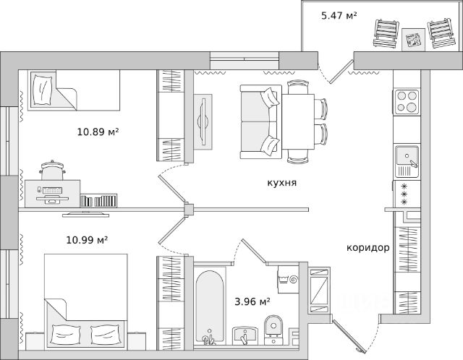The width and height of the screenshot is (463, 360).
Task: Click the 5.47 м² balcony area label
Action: [339, 15]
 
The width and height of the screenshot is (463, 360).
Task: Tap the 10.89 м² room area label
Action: [98, 132]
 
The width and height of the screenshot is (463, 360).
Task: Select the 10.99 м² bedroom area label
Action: [87, 240]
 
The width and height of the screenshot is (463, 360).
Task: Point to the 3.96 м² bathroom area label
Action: [252, 302]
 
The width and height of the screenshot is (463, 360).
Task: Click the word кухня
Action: [282, 183]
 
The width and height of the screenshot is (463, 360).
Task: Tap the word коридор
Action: [368, 247]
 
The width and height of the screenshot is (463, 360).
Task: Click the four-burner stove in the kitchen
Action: [407, 101]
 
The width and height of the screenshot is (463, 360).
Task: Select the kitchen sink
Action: [407, 161]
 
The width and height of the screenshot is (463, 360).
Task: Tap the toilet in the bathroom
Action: [273, 330]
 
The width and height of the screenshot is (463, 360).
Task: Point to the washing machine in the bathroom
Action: [288, 279]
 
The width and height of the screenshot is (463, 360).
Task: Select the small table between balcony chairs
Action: [413, 40]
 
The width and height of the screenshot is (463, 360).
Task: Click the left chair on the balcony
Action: [386, 33]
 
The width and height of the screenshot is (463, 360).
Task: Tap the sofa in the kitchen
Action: [260, 121]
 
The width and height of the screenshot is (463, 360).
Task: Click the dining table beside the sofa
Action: [298, 121]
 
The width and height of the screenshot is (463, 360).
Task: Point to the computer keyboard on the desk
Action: [52, 190]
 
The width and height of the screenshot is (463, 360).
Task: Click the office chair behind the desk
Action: [52, 171]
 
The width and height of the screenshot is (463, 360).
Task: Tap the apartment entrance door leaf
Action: [349, 336]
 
